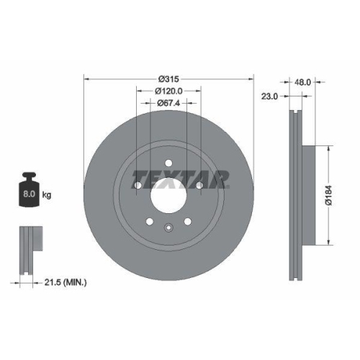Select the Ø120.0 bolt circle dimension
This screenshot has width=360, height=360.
point(168,91)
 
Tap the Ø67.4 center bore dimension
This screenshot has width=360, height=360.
point(168,103)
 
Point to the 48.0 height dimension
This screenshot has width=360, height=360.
point(303,82)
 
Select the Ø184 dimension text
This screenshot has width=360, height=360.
point(328,196)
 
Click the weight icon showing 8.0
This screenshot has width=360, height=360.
point(30,192)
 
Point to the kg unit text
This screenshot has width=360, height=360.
point(47,194)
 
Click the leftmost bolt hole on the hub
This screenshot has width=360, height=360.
point(138,185)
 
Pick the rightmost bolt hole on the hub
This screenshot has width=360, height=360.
point(199,185)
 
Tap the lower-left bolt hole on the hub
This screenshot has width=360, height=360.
point(149,220)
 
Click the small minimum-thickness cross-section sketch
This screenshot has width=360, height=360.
point(29,248)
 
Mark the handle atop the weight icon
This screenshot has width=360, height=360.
point(30,176)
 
